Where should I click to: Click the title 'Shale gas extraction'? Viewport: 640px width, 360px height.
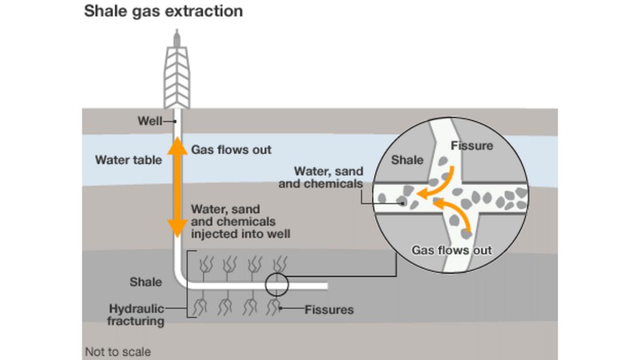(163, 11)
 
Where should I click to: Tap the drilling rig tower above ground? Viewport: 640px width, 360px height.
(176, 72)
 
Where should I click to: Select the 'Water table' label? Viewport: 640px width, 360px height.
(129, 160)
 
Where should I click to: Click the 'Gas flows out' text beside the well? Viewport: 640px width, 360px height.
(231, 150)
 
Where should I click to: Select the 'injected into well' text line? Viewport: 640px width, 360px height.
(241, 233)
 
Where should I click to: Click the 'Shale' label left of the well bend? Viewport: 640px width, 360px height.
(146, 282)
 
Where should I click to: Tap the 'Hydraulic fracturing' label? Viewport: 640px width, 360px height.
(136, 315)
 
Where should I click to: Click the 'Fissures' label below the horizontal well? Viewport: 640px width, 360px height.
(329, 310)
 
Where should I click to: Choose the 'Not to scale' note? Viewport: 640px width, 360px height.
(117, 352)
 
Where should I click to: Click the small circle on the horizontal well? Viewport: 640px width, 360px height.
(276, 285)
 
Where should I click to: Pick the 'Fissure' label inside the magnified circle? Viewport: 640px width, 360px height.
(471, 146)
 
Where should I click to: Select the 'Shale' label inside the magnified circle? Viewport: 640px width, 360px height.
(407, 160)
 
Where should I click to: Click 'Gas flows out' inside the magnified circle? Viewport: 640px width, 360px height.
(451, 250)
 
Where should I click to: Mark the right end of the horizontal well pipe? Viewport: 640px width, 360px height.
(325, 286)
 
